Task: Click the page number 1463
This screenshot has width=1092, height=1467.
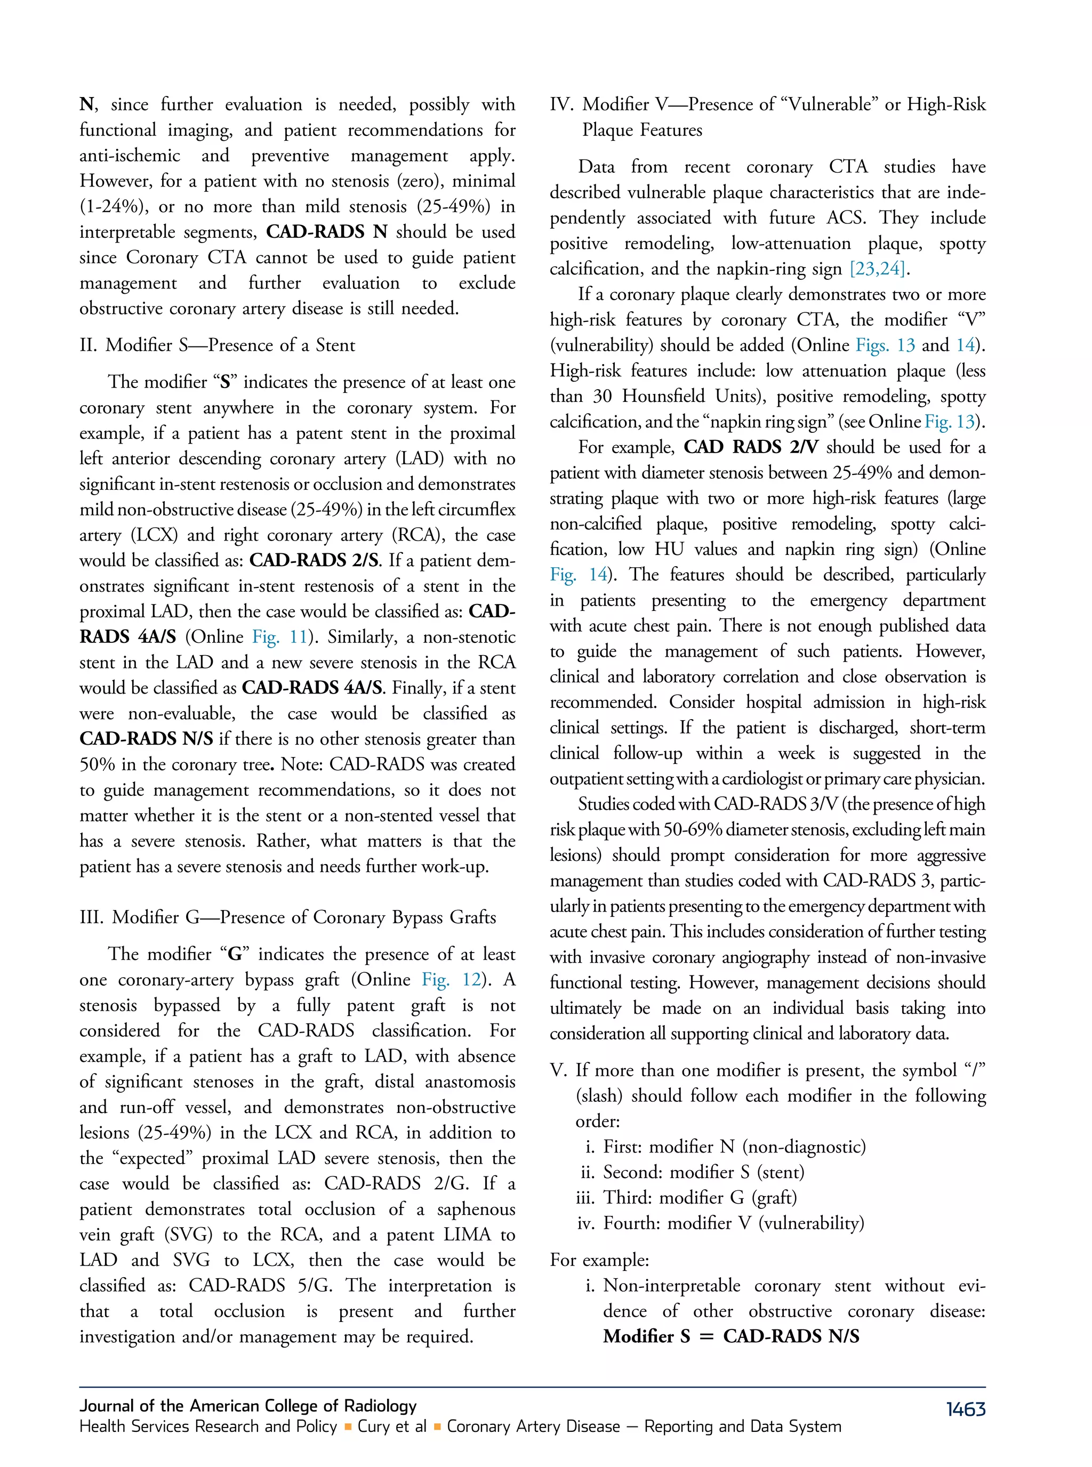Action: click(x=965, y=1409)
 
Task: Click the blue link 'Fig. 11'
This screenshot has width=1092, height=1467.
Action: click(x=280, y=637)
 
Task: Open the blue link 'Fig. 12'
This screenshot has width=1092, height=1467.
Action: click(x=452, y=979)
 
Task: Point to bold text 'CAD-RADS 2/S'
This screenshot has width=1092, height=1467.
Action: click(x=314, y=560)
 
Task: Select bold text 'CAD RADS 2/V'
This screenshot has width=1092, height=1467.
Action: click(x=750, y=447)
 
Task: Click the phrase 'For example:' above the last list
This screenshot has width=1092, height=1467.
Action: click(x=599, y=1260)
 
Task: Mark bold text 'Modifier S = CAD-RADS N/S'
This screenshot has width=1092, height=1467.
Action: click(x=731, y=1336)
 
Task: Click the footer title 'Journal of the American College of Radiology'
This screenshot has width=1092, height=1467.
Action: click(x=248, y=1406)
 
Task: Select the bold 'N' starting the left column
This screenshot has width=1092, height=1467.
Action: click(x=86, y=104)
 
